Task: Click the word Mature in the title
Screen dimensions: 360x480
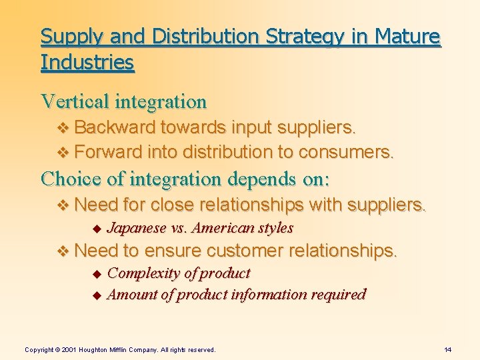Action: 407,37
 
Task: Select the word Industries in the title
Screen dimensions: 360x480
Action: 87,63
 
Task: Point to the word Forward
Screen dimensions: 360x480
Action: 107,152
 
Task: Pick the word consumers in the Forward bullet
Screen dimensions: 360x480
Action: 346,152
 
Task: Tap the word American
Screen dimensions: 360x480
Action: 223,228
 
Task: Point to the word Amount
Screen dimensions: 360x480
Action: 132,294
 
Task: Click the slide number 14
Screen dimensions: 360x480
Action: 447,349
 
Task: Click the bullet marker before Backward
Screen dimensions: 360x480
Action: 64,127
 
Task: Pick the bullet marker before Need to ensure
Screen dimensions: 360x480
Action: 64,252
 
